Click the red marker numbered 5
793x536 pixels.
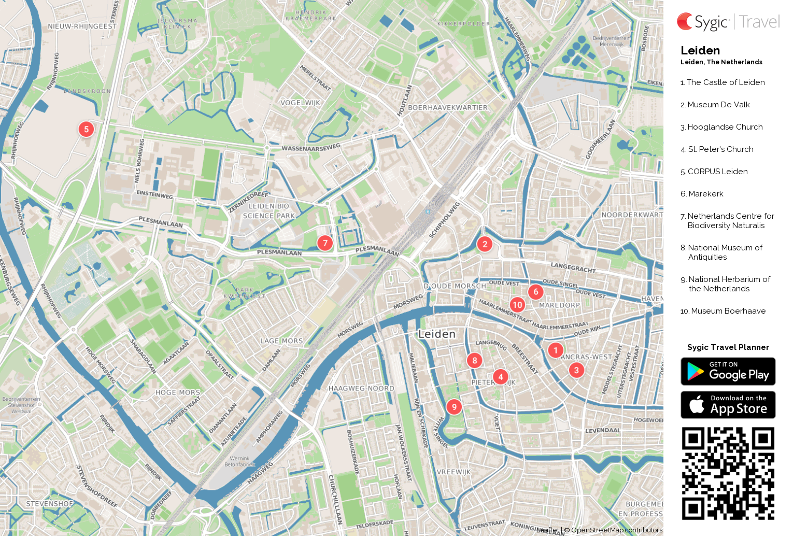click(86, 129)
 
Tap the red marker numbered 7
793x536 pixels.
click(325, 243)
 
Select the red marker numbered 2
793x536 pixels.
click(485, 244)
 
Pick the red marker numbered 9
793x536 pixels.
click(454, 407)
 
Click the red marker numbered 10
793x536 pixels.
click(517, 305)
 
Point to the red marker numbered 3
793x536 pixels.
click(576, 370)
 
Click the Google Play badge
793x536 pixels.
click(728, 371)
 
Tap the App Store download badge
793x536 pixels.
click(728, 405)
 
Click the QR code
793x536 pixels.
click(728, 473)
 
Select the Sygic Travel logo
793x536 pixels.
click(728, 22)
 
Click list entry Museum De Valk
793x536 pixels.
click(718, 105)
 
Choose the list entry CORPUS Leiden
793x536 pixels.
click(717, 172)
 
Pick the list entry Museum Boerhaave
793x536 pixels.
click(728, 311)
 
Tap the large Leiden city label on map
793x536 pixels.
click(437, 334)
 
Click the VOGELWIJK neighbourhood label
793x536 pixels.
click(300, 103)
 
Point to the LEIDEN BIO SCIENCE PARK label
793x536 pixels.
click(268, 211)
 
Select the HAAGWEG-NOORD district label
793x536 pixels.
click(361, 388)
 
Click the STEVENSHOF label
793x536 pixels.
click(50, 504)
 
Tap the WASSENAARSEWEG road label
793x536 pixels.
click(311, 148)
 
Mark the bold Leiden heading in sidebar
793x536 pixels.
click(700, 50)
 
